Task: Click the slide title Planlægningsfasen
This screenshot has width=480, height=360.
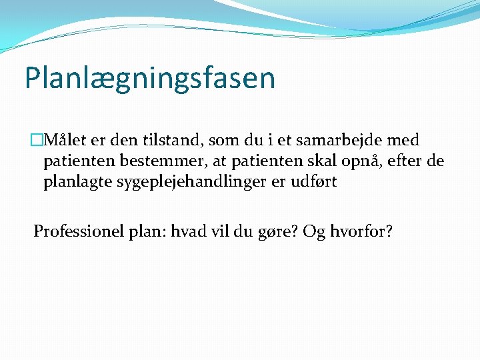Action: [x=149, y=78]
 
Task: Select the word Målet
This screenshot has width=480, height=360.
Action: [x=62, y=140]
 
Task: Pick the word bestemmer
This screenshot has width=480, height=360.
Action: [x=147, y=161]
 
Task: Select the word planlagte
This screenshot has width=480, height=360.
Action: [x=78, y=183]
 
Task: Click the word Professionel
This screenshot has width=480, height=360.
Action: [x=76, y=231]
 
